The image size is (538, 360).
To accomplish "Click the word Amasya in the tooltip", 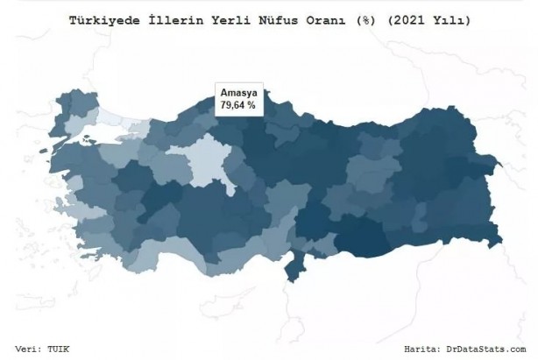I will tap(238, 93).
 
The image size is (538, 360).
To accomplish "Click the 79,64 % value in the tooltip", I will tap(238, 105).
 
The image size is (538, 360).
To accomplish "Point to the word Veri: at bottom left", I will tap(31, 349).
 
